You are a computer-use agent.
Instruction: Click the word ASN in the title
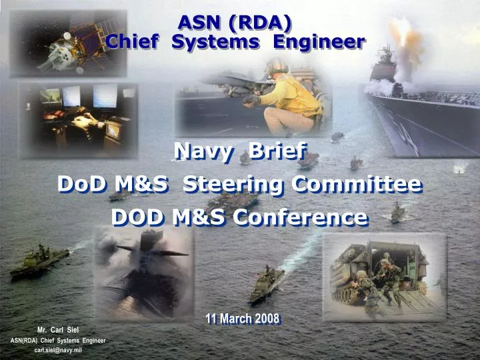pyautogui.click(x=199, y=22)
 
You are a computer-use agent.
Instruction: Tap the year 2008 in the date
pyautogui.click(x=265, y=318)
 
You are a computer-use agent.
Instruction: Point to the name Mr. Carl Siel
pyautogui.click(x=58, y=330)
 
